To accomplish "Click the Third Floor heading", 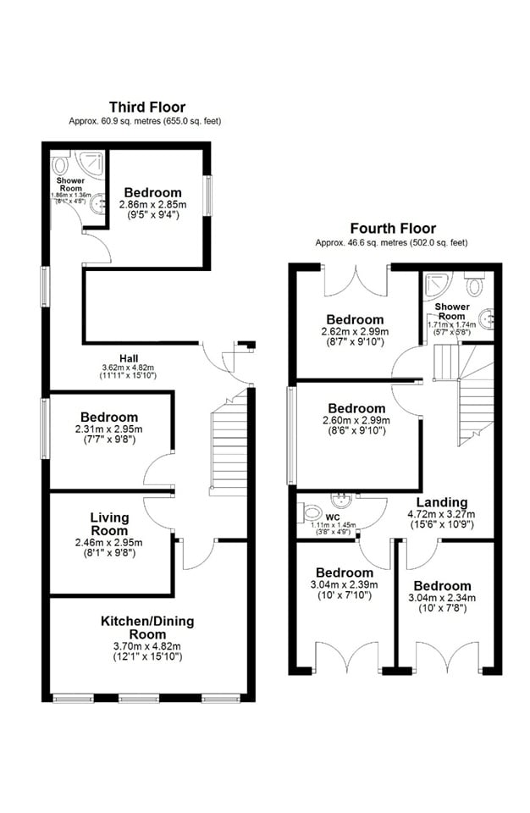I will click(x=146, y=107).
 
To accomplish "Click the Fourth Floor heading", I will click(x=393, y=229).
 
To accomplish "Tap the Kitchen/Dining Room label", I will click(x=147, y=628).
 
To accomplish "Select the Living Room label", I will click(x=109, y=517).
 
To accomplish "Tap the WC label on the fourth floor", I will click(x=333, y=516).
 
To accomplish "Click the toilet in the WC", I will click(x=311, y=513).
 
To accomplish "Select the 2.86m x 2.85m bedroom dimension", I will click(x=152, y=206).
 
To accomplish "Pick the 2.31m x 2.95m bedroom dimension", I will click(x=109, y=430).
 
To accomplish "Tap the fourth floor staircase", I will click(x=474, y=398).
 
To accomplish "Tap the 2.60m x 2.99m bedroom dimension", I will click(x=356, y=420).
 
